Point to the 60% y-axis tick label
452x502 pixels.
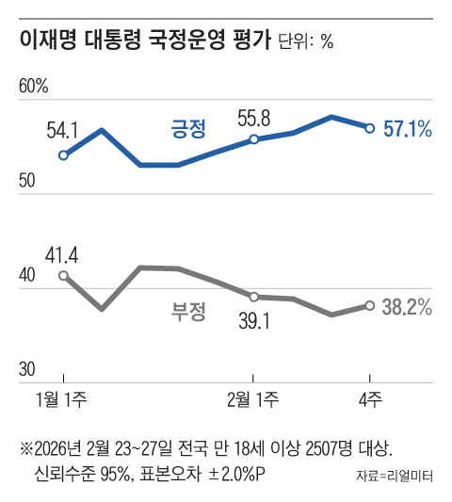[34, 87]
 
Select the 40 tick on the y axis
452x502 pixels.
[28, 275]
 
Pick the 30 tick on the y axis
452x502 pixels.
[28, 368]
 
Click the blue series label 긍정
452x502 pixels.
[188, 129]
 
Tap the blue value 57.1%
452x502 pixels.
[409, 129]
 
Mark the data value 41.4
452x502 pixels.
[62, 253]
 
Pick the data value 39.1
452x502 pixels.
[253, 322]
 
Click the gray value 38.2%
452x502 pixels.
[409, 306]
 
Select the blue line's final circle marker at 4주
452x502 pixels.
[370, 128]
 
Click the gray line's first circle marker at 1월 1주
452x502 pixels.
[63, 275]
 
